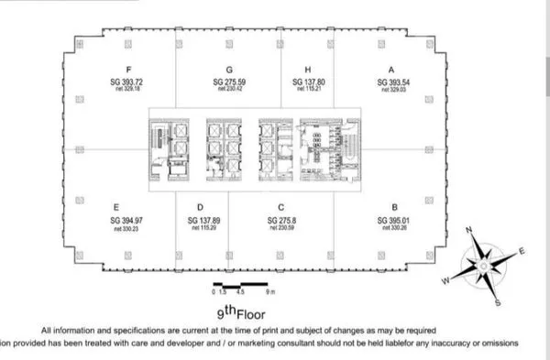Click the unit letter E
point(117,208)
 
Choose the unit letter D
point(199,208)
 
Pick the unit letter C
point(280,208)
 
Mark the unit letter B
point(395,208)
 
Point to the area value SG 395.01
point(395,221)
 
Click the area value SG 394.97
point(117,221)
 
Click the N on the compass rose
point(469,231)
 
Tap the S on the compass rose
point(497,302)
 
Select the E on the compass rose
point(522,250)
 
